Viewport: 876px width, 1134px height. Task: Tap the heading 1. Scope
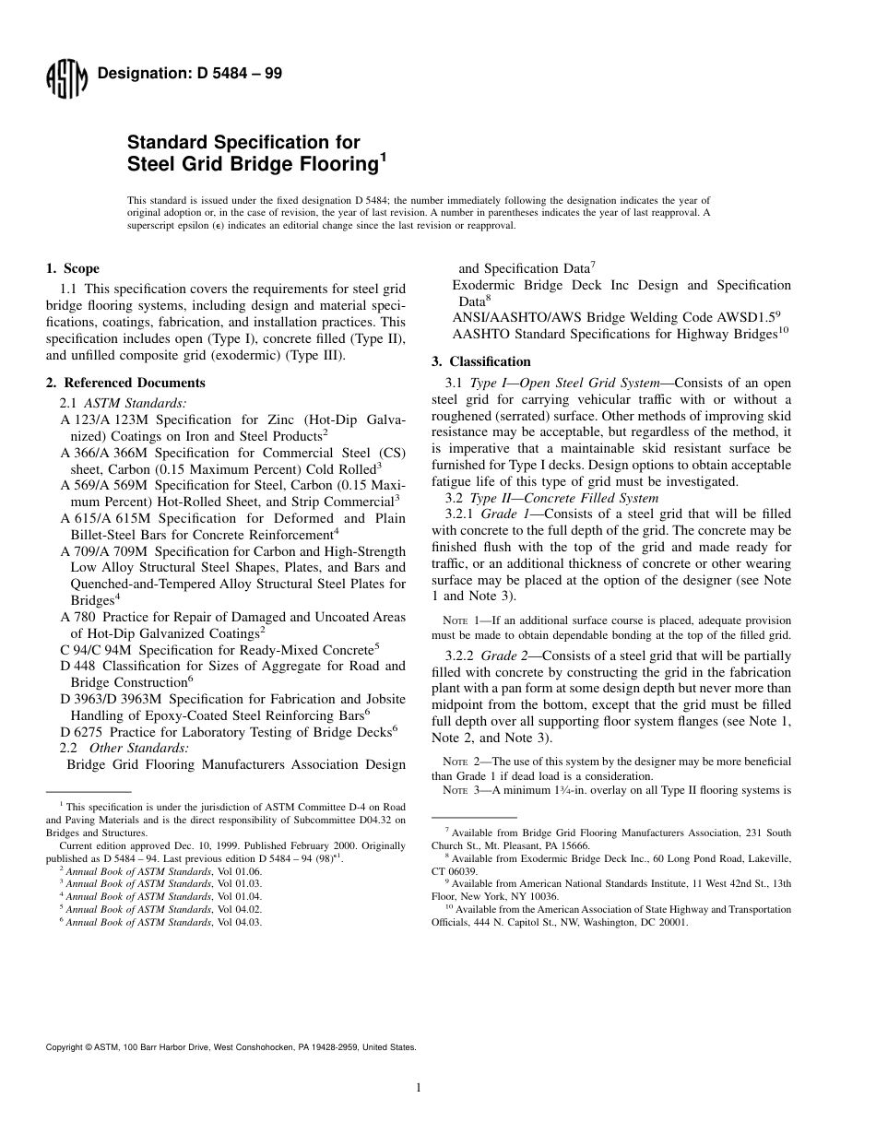click(x=73, y=269)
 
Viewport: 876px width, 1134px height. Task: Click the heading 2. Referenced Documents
click(x=125, y=383)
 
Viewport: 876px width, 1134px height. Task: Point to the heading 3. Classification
click(x=481, y=361)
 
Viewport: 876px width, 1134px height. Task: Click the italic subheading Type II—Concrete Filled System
click(x=565, y=498)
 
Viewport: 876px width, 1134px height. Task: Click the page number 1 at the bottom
click(x=419, y=1088)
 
